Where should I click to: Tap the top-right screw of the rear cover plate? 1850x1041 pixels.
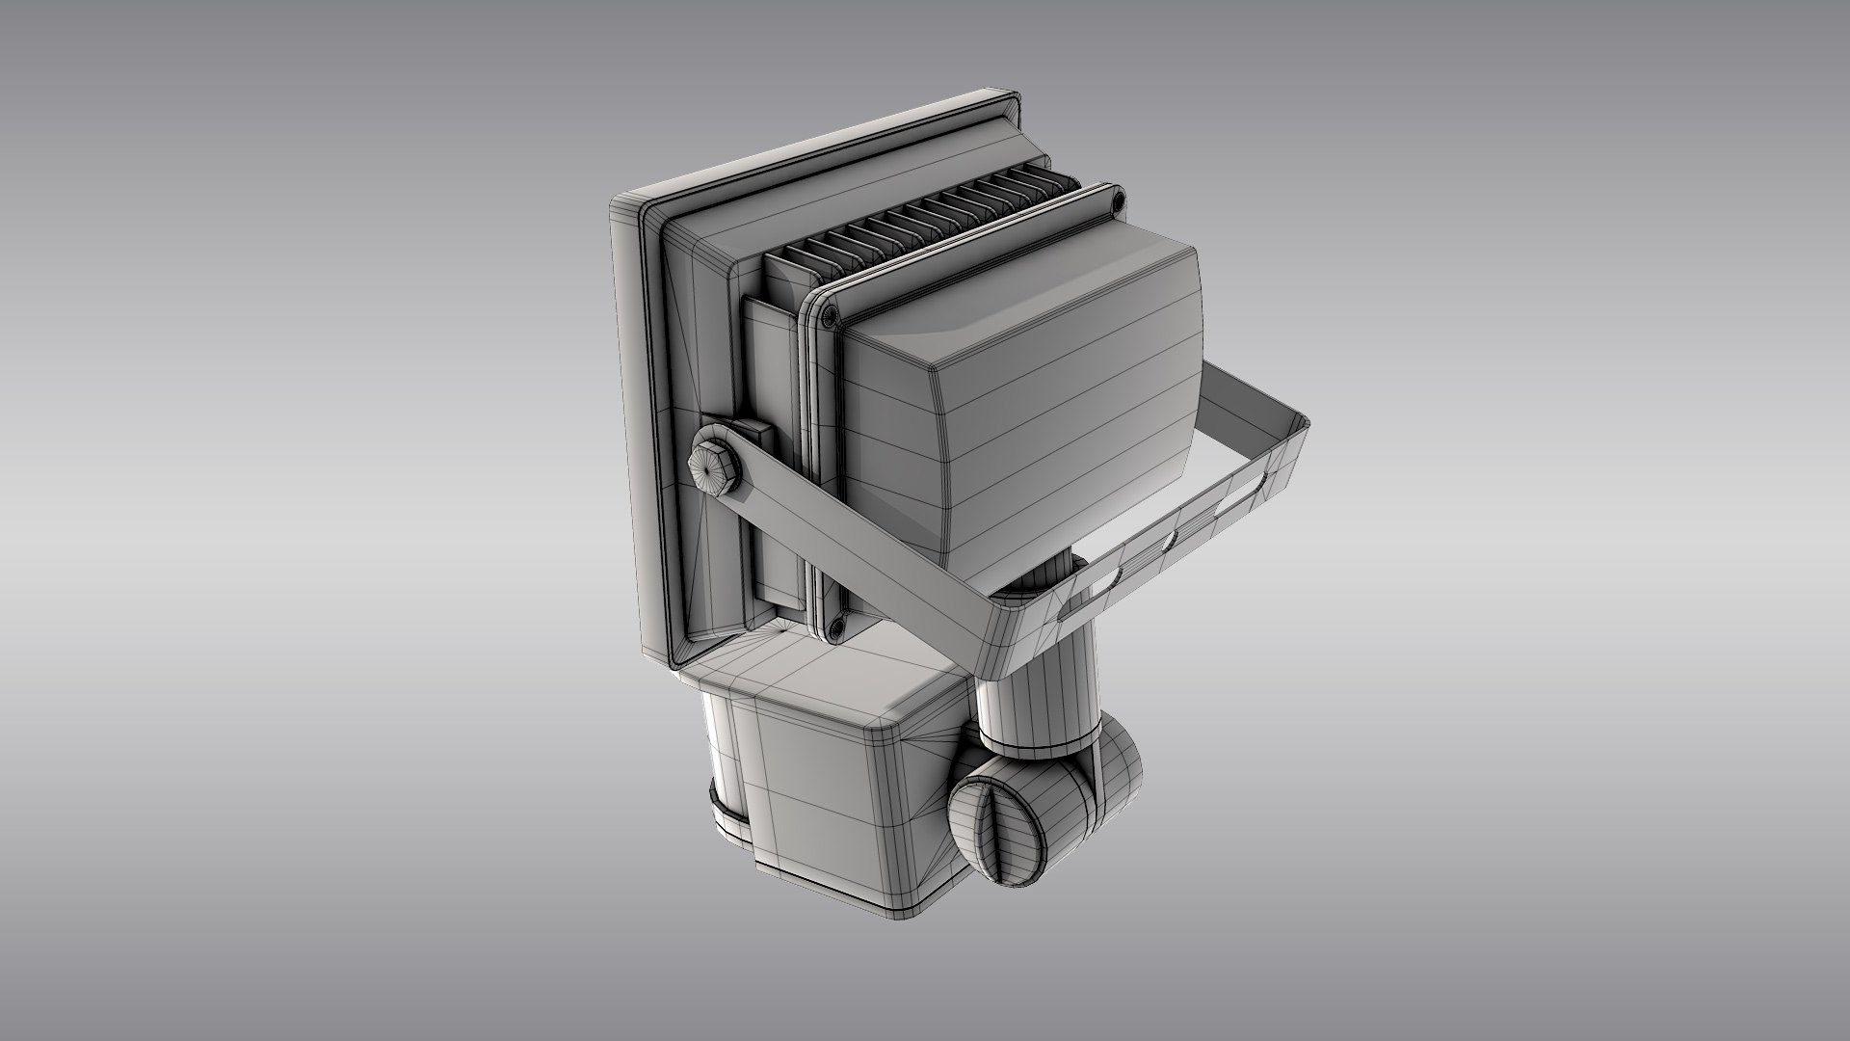(1117, 201)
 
